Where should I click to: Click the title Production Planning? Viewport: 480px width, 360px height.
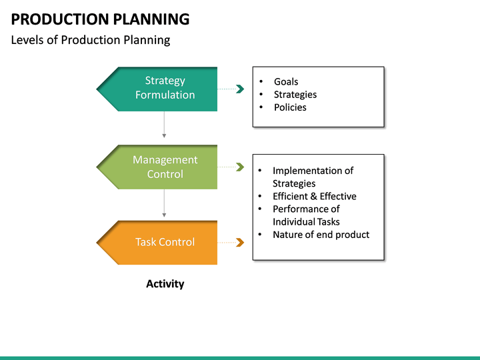(x=100, y=19)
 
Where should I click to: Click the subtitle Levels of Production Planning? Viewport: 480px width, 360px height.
(x=91, y=40)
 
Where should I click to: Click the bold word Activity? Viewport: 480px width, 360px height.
(x=165, y=284)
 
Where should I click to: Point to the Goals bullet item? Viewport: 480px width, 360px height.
(x=286, y=81)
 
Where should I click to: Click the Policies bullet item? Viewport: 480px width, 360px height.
(x=290, y=107)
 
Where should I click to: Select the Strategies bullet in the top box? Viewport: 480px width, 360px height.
(x=295, y=95)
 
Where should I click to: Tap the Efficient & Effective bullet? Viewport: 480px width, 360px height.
(x=314, y=196)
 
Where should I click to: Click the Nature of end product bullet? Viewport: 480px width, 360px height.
(x=321, y=235)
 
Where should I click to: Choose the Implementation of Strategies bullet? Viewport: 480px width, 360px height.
(x=312, y=177)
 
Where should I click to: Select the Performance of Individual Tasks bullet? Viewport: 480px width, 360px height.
(x=306, y=215)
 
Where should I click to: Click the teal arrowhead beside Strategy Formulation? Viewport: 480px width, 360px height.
(x=240, y=89)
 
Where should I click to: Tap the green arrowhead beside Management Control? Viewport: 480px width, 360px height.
(x=240, y=167)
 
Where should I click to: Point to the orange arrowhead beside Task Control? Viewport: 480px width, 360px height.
(x=240, y=243)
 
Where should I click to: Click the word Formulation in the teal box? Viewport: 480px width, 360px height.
(x=165, y=95)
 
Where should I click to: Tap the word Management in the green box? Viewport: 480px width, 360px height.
(x=165, y=160)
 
